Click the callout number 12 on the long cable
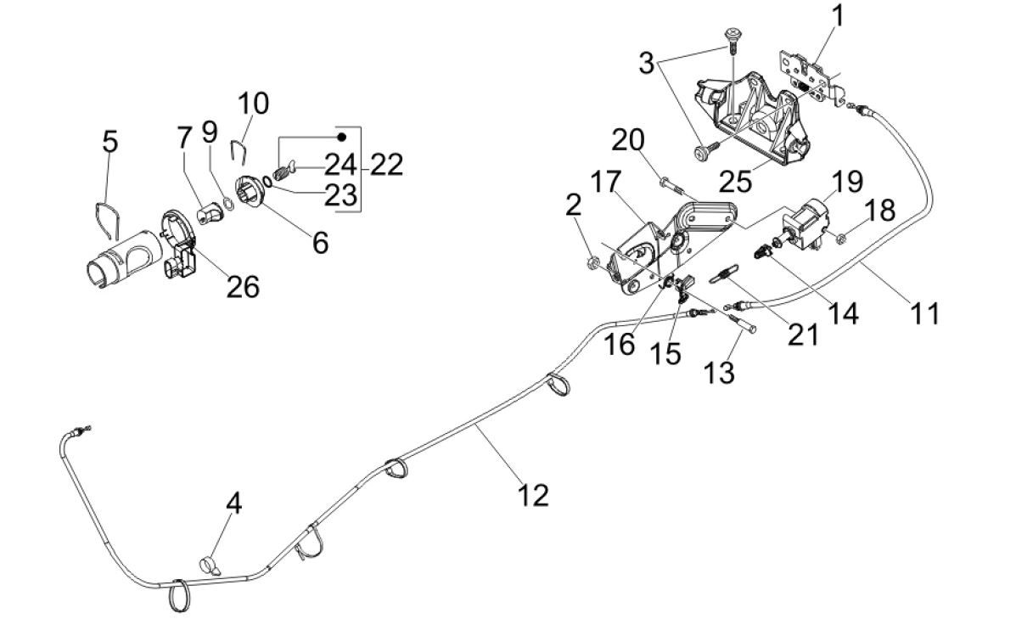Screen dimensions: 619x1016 [x=534, y=493]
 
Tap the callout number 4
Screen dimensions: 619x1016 [x=233, y=504]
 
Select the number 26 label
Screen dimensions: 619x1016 [x=242, y=287]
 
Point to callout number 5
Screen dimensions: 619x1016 [x=109, y=141]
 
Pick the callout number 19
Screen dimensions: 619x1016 [x=848, y=180]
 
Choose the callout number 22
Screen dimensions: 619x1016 [x=386, y=164]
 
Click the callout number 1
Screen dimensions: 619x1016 [x=838, y=15]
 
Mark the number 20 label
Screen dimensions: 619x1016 [x=630, y=138]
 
